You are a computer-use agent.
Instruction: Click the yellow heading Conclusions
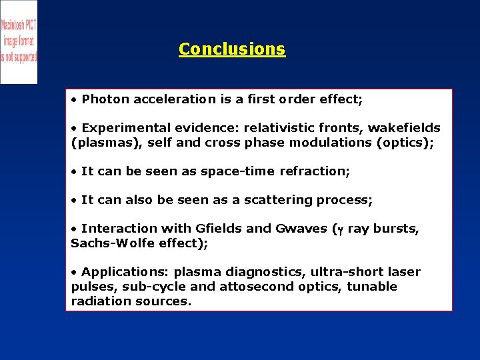232,49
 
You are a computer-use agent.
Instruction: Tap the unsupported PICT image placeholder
19,41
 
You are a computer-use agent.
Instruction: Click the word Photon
105,99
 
